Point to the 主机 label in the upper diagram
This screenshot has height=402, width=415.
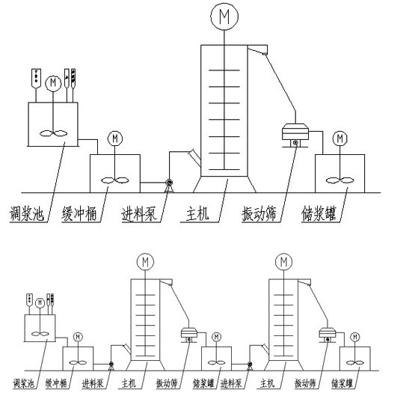tap(196, 216)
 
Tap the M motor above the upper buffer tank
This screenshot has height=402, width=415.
tap(115, 138)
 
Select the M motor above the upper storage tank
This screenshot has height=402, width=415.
tap(340, 138)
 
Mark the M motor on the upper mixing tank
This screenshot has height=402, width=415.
tap(53, 83)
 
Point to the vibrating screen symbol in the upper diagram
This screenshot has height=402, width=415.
tap(294, 133)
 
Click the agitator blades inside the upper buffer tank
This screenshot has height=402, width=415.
tap(115, 180)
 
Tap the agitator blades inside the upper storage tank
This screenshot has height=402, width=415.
tap(340, 180)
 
